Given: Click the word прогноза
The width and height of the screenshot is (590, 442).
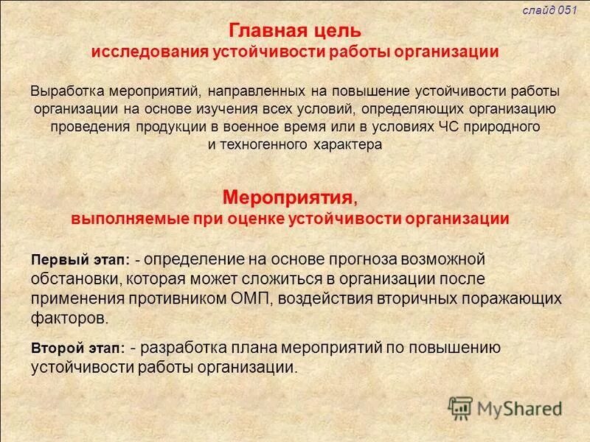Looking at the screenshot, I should pos(363,259).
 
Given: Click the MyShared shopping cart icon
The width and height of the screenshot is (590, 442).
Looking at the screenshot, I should pos(460,407).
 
